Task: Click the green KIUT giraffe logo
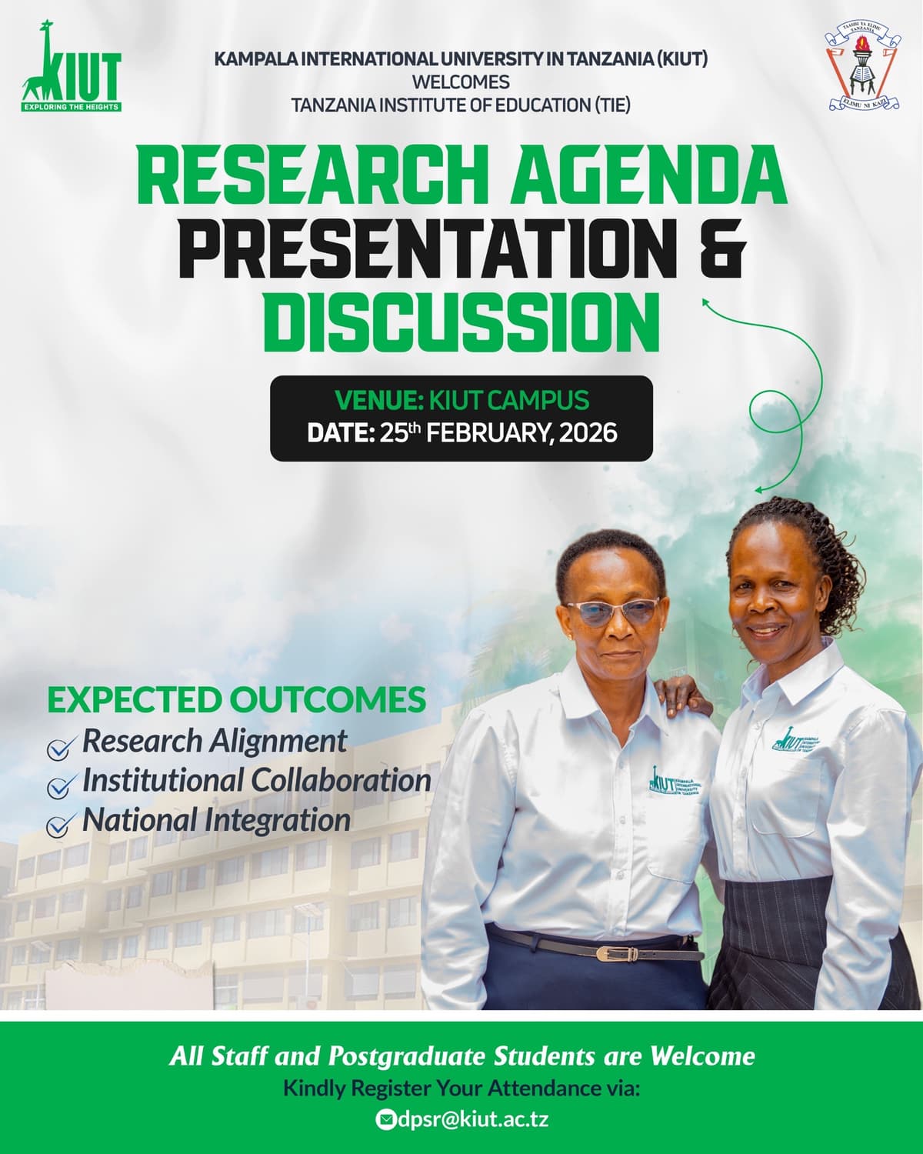tap(72, 68)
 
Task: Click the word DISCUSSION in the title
tap(461, 318)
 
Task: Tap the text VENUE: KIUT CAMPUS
tap(461, 400)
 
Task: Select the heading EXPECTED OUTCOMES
tap(236, 699)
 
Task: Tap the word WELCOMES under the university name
tap(461, 82)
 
